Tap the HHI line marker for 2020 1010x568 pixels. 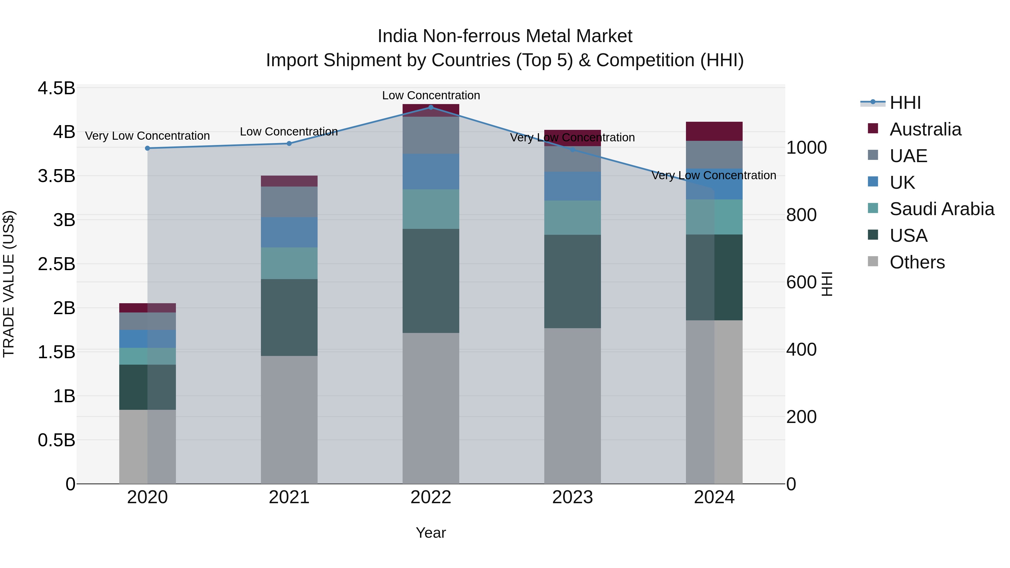[x=147, y=148]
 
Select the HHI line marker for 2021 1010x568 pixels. [x=289, y=143]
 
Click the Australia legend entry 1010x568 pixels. [x=925, y=129]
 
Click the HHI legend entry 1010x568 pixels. [x=905, y=103]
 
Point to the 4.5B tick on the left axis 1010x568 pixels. [x=56, y=88]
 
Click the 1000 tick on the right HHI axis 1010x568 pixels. [x=807, y=148]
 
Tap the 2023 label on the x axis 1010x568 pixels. [x=572, y=497]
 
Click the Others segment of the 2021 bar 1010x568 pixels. [x=289, y=419]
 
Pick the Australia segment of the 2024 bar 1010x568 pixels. [x=714, y=131]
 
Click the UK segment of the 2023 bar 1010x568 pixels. [x=572, y=186]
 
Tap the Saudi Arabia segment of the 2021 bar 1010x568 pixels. [x=289, y=263]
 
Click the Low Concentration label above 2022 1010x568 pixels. [x=431, y=95]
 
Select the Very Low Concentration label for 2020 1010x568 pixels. [x=147, y=136]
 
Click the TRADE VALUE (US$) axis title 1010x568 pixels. [x=9, y=284]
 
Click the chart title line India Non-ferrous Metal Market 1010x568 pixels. [x=505, y=36]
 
